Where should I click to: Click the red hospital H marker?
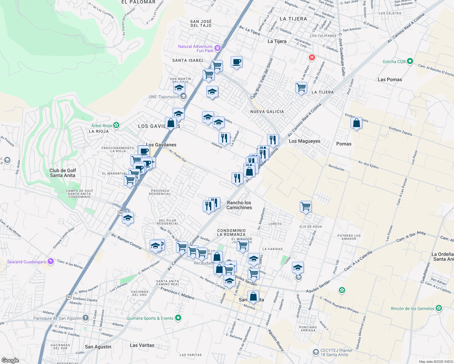312,57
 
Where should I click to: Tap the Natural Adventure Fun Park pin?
217,48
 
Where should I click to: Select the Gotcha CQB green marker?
410,61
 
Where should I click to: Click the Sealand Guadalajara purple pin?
50,261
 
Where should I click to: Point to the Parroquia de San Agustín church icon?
86,318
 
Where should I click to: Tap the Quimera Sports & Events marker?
178,318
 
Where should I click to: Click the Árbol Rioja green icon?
116,125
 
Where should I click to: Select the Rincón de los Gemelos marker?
439,308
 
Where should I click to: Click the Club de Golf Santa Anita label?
63,173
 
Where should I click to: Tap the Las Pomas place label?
390,79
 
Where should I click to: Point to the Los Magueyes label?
304,141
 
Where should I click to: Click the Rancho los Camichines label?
239,205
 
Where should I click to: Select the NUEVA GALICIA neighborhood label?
267,112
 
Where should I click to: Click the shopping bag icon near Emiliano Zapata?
356,123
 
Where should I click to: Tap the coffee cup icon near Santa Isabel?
236,62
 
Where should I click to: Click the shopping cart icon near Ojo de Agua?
306,207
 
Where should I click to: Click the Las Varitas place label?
142,345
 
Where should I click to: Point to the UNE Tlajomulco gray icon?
183,97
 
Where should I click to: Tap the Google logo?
10,360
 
